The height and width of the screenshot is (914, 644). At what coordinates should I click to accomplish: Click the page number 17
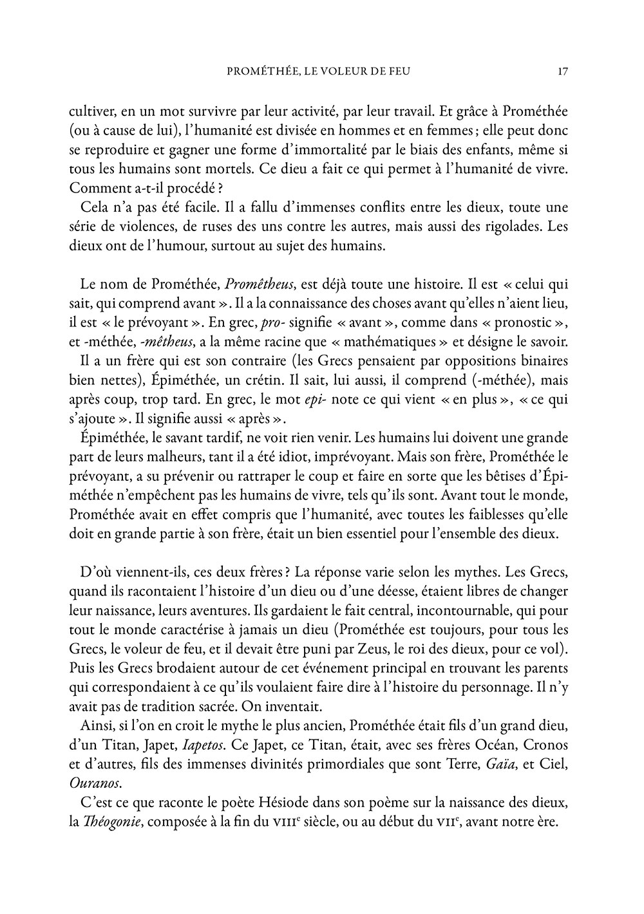click(x=562, y=71)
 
